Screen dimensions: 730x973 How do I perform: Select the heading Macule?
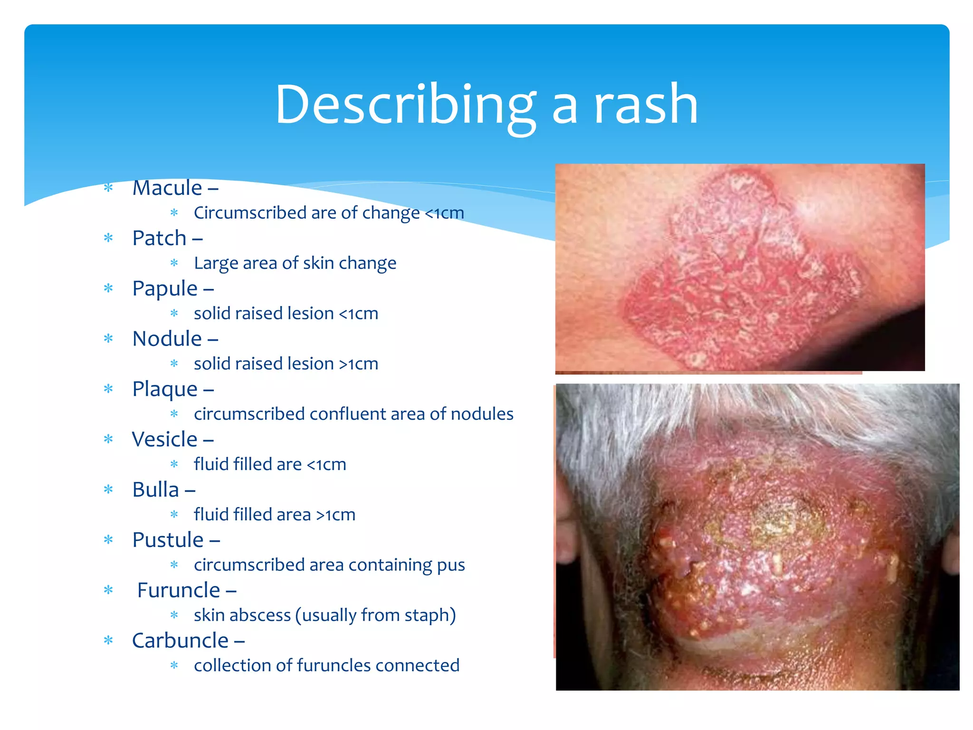pyautogui.click(x=167, y=188)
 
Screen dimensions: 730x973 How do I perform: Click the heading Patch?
pyautogui.click(x=159, y=238)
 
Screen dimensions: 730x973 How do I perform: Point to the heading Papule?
pyautogui.click(x=164, y=288)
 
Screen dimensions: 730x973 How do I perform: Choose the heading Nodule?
pyautogui.click(x=167, y=339)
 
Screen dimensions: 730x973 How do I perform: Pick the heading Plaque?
pyautogui.click(x=164, y=389)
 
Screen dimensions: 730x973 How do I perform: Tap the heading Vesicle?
pyautogui.click(x=164, y=439)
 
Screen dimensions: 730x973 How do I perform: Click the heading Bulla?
pyautogui.click(x=155, y=490)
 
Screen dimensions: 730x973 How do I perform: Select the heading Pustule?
pyautogui.click(x=168, y=540)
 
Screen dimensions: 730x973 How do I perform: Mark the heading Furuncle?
pyautogui.click(x=178, y=590)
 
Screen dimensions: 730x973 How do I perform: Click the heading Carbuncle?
pyautogui.click(x=180, y=641)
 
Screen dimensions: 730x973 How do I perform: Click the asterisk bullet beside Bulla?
pyautogui.click(x=108, y=490)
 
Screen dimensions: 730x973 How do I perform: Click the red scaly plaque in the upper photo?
pyautogui.click(x=741, y=285)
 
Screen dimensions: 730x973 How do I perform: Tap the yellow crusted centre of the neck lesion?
pyautogui.click(x=779, y=523)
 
